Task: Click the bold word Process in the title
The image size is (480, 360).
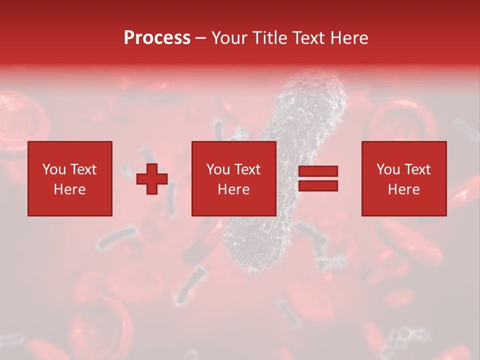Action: pos(157,38)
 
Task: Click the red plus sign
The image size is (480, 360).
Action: pos(152,178)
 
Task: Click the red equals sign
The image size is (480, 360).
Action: pos(318,178)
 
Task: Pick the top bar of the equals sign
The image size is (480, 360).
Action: pos(318,171)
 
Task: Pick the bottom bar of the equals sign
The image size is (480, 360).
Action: pos(318,186)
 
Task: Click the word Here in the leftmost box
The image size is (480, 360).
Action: pos(69,189)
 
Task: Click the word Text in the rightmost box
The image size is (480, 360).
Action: pos(416,169)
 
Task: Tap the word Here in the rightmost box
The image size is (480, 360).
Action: pos(403,189)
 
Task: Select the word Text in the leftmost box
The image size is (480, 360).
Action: pos(82,169)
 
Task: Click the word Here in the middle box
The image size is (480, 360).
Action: pos(233,189)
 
